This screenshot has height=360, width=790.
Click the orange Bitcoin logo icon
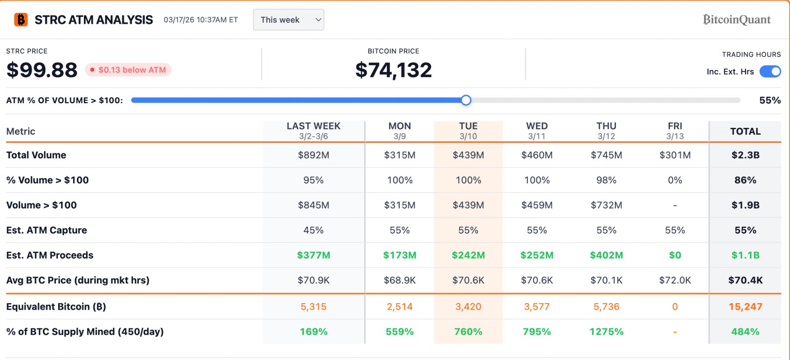coord(21,20)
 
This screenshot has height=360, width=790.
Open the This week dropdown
coord(288,20)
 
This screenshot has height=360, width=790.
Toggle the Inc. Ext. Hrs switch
coord(770,72)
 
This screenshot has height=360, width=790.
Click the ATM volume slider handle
coord(466,100)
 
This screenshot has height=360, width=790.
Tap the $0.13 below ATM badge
coord(128,70)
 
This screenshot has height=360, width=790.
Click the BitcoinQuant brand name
coord(737,20)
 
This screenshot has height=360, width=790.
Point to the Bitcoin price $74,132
coord(394,70)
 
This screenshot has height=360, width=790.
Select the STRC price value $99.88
coord(42,70)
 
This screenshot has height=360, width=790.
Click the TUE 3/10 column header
coord(468,131)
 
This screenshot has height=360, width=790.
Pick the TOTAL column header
coord(745,131)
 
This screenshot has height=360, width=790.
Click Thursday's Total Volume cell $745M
coord(606,155)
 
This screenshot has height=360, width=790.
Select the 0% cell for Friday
coord(675,180)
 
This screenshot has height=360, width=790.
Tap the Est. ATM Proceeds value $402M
coord(606,255)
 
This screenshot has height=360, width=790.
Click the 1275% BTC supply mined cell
coord(606,332)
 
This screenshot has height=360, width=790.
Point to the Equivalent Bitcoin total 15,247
coord(745,307)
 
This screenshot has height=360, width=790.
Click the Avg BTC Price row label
coord(78,280)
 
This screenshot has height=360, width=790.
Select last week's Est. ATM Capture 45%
coord(314,230)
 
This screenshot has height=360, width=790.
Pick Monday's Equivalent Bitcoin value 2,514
coord(399,307)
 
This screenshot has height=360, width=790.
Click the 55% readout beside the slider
coord(770,100)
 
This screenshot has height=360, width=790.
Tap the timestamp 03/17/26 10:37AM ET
coord(200,20)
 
